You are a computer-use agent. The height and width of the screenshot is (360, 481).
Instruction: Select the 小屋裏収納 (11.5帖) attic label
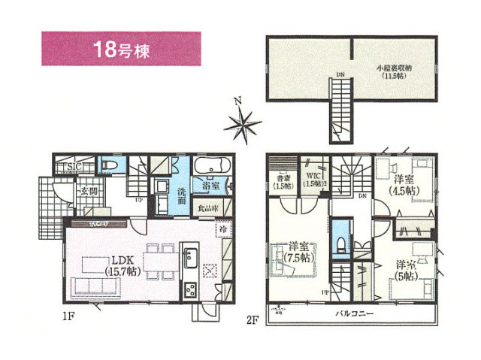[x=392, y=71]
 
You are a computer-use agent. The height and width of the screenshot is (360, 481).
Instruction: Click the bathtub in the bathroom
[x=210, y=166]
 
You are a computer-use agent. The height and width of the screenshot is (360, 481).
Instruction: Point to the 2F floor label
[x=253, y=319]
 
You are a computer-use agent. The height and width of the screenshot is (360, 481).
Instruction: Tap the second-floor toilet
[x=340, y=242]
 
